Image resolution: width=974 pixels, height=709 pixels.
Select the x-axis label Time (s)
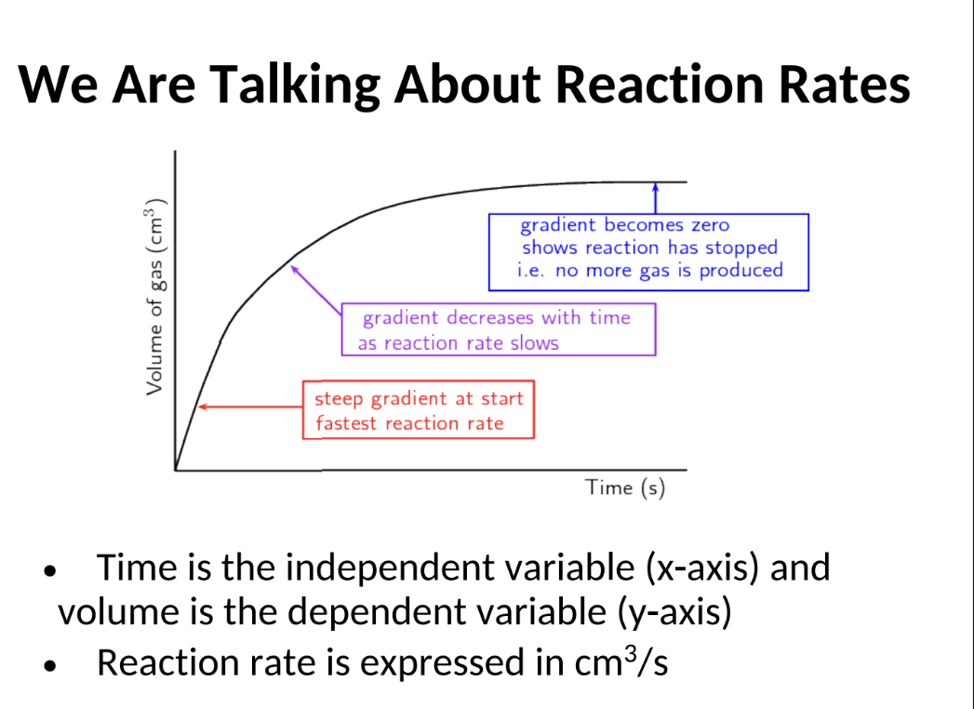coord(625,488)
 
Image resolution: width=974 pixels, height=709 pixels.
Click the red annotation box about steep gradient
coord(419,410)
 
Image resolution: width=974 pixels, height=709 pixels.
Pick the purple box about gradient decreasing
coord(498,330)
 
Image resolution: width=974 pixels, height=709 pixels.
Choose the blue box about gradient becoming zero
coord(649,251)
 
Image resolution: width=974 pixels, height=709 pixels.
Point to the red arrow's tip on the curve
coord(201,407)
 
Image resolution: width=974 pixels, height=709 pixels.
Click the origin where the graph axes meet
coord(176,470)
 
